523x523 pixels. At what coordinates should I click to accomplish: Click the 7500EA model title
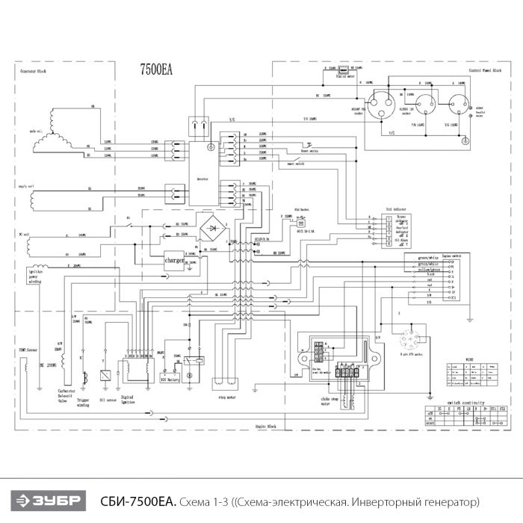tap(156, 70)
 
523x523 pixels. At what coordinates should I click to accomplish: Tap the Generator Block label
tap(36, 72)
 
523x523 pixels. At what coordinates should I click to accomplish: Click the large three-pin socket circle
tap(381, 104)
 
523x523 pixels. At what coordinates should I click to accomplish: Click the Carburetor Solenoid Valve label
tap(69, 395)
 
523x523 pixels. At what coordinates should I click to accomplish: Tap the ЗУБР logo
tap(47, 500)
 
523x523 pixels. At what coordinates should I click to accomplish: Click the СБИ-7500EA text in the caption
tap(137, 500)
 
